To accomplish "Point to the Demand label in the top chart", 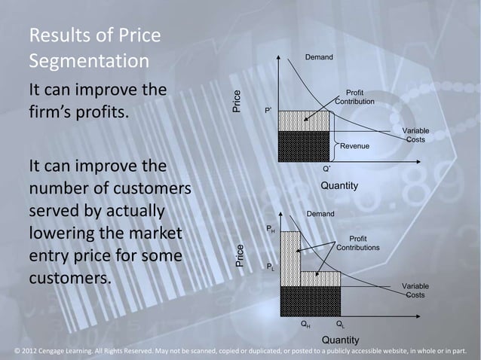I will [x=320, y=57].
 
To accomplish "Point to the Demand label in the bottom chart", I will [x=320, y=215].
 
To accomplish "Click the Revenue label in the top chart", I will [x=354, y=145].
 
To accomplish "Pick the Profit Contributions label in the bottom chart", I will [x=358, y=243].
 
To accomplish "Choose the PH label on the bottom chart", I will [x=271, y=228].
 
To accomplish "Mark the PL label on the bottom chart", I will [x=271, y=267].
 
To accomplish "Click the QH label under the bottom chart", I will [x=304, y=325].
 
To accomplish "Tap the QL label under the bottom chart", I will [x=340, y=325].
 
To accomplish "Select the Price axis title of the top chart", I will [x=237, y=102].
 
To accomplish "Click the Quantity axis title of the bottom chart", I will [x=340, y=340].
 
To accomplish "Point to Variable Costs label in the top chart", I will [x=415, y=136].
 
